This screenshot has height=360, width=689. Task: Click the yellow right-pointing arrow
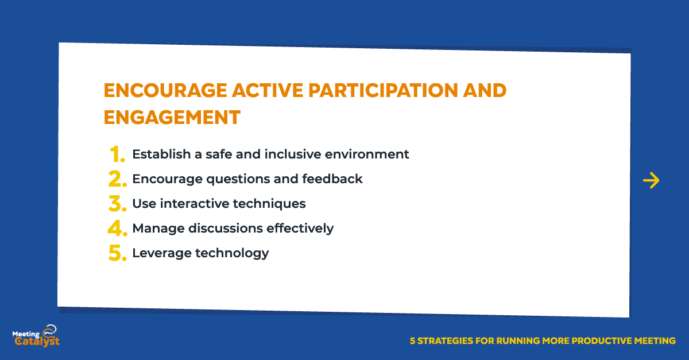(x=651, y=180)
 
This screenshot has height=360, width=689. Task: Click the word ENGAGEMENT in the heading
(x=172, y=117)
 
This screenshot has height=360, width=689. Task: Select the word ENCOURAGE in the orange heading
(x=165, y=91)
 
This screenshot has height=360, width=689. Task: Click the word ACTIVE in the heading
(x=268, y=91)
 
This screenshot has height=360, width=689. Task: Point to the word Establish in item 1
(x=161, y=154)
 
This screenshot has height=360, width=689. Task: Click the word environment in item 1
(x=367, y=154)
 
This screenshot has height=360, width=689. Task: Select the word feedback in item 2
(x=332, y=179)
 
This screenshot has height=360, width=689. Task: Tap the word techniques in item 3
(x=269, y=204)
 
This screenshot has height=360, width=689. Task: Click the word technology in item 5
(x=232, y=254)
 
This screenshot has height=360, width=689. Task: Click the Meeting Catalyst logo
(x=36, y=336)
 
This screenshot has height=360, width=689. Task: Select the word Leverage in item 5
(x=162, y=254)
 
